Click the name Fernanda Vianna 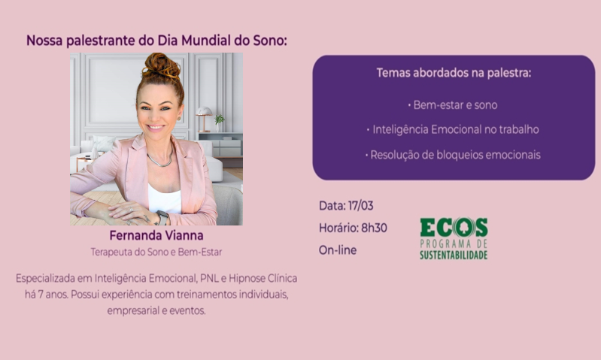[x=156, y=236]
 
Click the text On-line [x=338, y=250]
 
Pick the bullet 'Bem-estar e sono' [x=453, y=105]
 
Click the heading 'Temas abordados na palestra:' [x=454, y=74]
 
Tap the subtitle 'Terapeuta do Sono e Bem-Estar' [x=156, y=252]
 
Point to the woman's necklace [x=159, y=160]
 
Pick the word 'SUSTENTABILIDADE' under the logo [x=453, y=256]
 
